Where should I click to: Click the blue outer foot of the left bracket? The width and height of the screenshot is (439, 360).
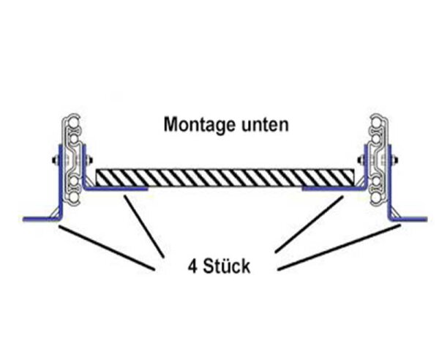pyautogui.click(x=35, y=217)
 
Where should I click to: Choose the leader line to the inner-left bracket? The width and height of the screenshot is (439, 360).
pyautogui.click(x=142, y=226)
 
